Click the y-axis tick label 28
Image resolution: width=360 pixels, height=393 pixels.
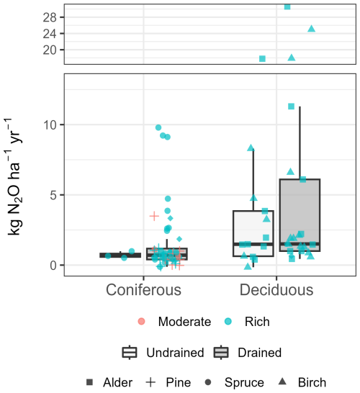(50, 17)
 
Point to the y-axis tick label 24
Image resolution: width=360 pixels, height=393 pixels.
(50, 34)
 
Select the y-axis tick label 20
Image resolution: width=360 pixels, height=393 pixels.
(50, 50)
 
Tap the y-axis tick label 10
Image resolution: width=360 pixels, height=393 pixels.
(50, 125)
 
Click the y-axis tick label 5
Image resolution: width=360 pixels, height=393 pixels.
(53, 195)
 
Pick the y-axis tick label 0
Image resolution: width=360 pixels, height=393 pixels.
(53, 265)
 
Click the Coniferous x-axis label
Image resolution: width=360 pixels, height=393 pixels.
(143, 290)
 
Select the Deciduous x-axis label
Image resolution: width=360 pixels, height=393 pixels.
(276, 290)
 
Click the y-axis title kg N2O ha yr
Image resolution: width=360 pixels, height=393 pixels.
(14, 176)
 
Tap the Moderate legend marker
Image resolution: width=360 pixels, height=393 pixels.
(141, 321)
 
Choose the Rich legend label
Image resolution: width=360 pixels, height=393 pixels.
(257, 322)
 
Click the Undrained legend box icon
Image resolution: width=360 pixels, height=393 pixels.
(130, 353)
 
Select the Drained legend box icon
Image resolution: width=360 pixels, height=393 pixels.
(221, 353)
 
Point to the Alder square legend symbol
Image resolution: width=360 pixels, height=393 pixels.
(89, 382)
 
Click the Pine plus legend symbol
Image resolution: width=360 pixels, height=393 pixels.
(150, 382)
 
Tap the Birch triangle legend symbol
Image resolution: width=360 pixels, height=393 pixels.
(282, 381)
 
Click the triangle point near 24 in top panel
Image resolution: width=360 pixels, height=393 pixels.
(311, 29)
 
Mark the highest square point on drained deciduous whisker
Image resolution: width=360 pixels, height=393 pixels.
(291, 107)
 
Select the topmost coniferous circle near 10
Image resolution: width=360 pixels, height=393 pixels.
(158, 127)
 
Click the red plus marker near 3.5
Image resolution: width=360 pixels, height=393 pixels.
(154, 216)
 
